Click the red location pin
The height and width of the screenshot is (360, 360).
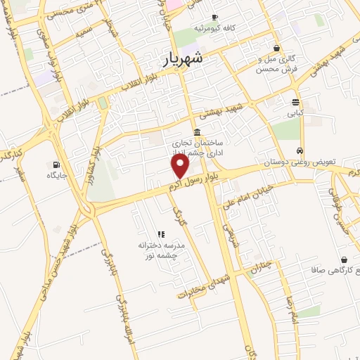click(x=181, y=166)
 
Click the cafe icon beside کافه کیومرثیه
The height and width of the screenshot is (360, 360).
click(x=214, y=17)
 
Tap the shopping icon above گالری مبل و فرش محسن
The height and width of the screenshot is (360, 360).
click(x=277, y=49)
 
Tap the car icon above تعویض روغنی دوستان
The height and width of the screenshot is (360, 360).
click(x=300, y=151)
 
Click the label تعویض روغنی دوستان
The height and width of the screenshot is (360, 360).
click(x=295, y=162)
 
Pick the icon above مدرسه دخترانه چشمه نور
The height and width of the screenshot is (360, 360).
click(x=161, y=234)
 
